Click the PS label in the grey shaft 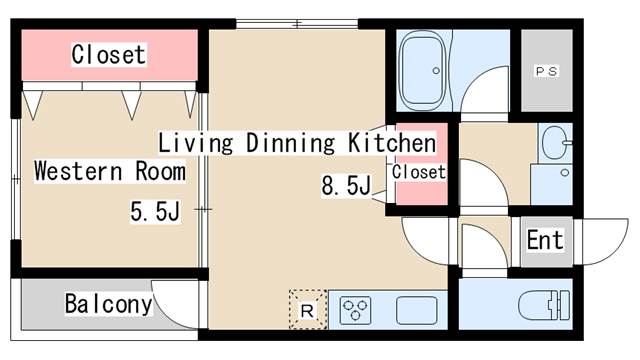[x=547, y=71]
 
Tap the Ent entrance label [x=545, y=240]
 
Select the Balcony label [x=108, y=304]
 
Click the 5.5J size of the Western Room [x=155, y=211]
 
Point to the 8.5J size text [x=346, y=186]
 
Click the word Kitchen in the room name [x=392, y=143]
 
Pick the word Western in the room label [x=78, y=171]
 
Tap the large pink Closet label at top [x=109, y=54]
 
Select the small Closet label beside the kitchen [x=418, y=172]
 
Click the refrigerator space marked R [x=308, y=309]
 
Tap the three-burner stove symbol [x=355, y=310]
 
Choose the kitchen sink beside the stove [x=416, y=310]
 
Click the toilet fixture [x=544, y=305]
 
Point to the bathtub [x=423, y=71]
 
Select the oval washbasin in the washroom [x=555, y=142]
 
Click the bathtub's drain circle [x=436, y=71]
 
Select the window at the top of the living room [x=297, y=24]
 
